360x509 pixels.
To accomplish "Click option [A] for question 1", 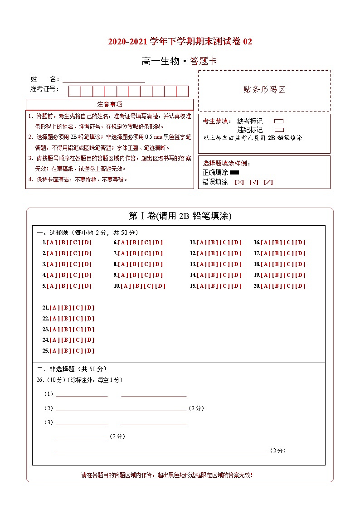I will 51,242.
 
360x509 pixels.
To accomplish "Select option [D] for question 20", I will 301,286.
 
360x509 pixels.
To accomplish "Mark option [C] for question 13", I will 225,264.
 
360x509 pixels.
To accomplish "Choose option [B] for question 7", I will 134,253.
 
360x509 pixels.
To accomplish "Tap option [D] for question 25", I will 89,351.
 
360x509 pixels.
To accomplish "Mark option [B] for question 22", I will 66,319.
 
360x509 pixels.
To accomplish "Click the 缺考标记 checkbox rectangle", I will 279,121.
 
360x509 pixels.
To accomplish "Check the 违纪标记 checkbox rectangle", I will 279,130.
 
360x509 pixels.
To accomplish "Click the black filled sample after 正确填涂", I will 234,172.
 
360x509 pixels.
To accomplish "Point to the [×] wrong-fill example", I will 239,182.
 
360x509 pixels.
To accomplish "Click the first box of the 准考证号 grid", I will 74,91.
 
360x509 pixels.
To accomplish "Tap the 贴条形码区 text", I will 264,90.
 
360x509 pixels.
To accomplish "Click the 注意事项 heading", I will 109,104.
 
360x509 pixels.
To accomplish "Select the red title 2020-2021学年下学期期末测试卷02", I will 180,42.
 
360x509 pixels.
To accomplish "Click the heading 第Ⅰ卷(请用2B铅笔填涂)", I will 180,216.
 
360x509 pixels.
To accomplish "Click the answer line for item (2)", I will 121,408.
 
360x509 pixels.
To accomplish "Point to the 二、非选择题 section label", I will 72,369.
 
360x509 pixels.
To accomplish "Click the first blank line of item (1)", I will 82,394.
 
